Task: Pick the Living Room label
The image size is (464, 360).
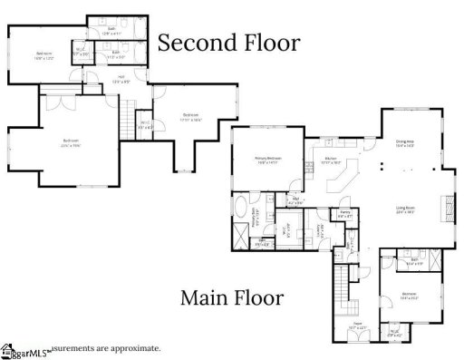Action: (x=403, y=209)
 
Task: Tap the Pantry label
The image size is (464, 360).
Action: (x=345, y=216)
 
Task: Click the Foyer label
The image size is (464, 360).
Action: (x=357, y=325)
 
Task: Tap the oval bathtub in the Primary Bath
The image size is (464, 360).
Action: (x=240, y=216)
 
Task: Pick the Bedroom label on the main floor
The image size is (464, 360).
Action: (x=409, y=296)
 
